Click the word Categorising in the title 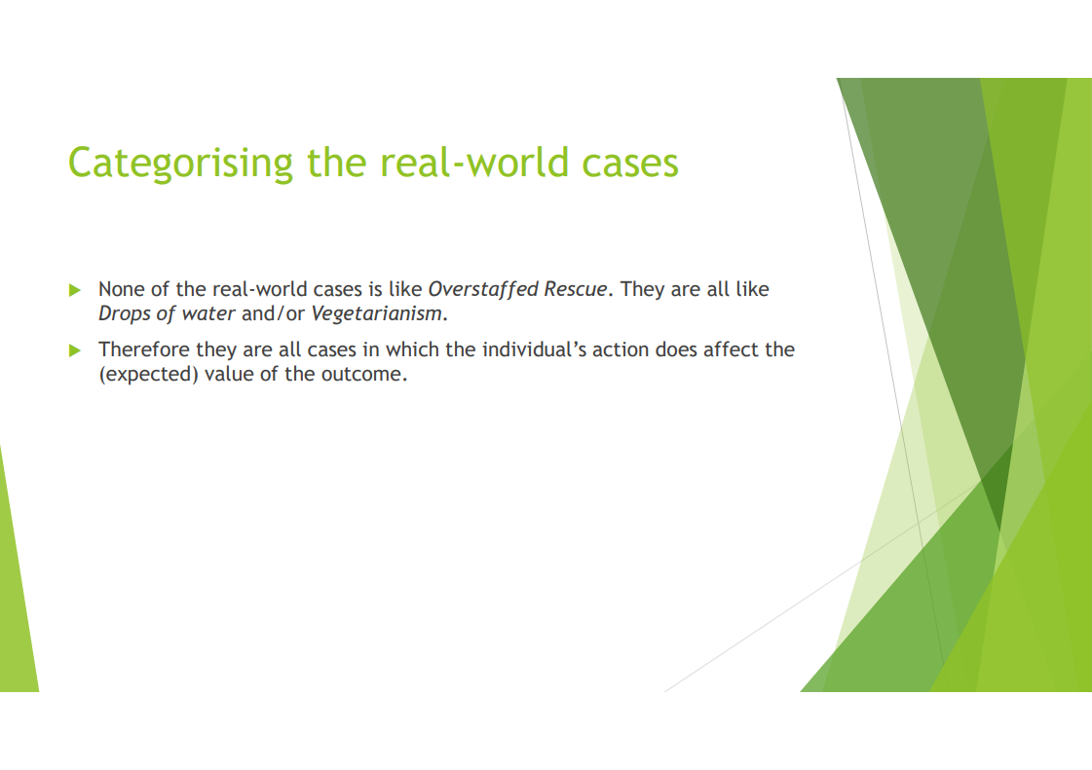pos(180,164)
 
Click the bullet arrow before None pos(75,290)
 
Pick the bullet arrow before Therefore pos(75,350)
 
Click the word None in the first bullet pos(121,289)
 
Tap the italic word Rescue pos(576,289)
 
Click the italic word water pos(208,314)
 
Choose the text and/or pos(273,314)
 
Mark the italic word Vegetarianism pos(376,314)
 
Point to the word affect pos(731,349)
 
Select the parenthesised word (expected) pos(148,375)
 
